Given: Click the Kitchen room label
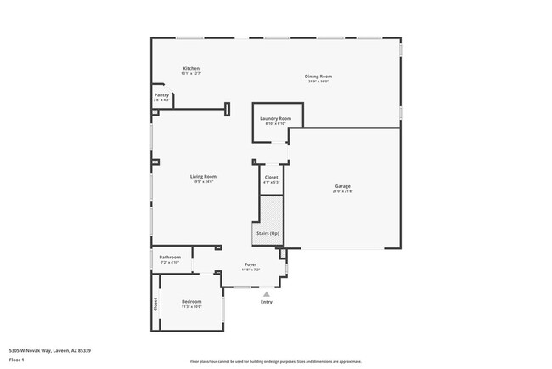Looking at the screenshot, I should click(x=191, y=68).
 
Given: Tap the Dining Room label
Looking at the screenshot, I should click(x=318, y=77).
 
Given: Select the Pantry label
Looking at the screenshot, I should click(x=161, y=95).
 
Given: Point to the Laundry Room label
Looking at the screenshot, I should click(x=276, y=118).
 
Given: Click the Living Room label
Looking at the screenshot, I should click(x=202, y=176).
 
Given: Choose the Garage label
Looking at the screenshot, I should click(x=342, y=186).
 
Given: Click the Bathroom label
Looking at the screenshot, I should click(x=170, y=257).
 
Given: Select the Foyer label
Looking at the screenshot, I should click(x=251, y=264).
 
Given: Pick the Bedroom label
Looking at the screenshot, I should click(x=192, y=301).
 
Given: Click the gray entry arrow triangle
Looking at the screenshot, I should click(x=266, y=294).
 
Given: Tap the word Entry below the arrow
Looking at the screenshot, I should click(x=267, y=302).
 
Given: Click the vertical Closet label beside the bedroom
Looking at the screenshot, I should click(x=155, y=303).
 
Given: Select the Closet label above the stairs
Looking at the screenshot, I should click(x=271, y=177).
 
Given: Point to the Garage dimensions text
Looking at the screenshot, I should click(x=342, y=191).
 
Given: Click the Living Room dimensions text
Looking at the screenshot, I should click(x=202, y=181).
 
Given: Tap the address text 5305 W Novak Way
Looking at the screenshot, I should click(x=62, y=350).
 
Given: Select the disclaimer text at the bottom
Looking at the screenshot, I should click(x=275, y=360).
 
